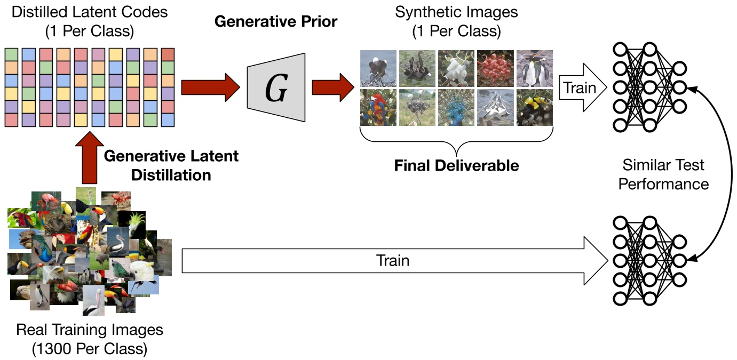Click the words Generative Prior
click(x=276, y=22)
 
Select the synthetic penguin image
click(x=534, y=69)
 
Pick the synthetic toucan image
click(x=534, y=107)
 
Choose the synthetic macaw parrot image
click(x=378, y=107)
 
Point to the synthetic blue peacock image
click(x=456, y=107)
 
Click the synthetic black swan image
click(x=417, y=69)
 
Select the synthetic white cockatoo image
click(x=456, y=69)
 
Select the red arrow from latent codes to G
click(x=210, y=87)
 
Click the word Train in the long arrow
click(x=393, y=260)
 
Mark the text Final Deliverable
click(x=456, y=165)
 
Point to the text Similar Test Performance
click(x=663, y=174)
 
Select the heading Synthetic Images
click(x=456, y=12)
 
